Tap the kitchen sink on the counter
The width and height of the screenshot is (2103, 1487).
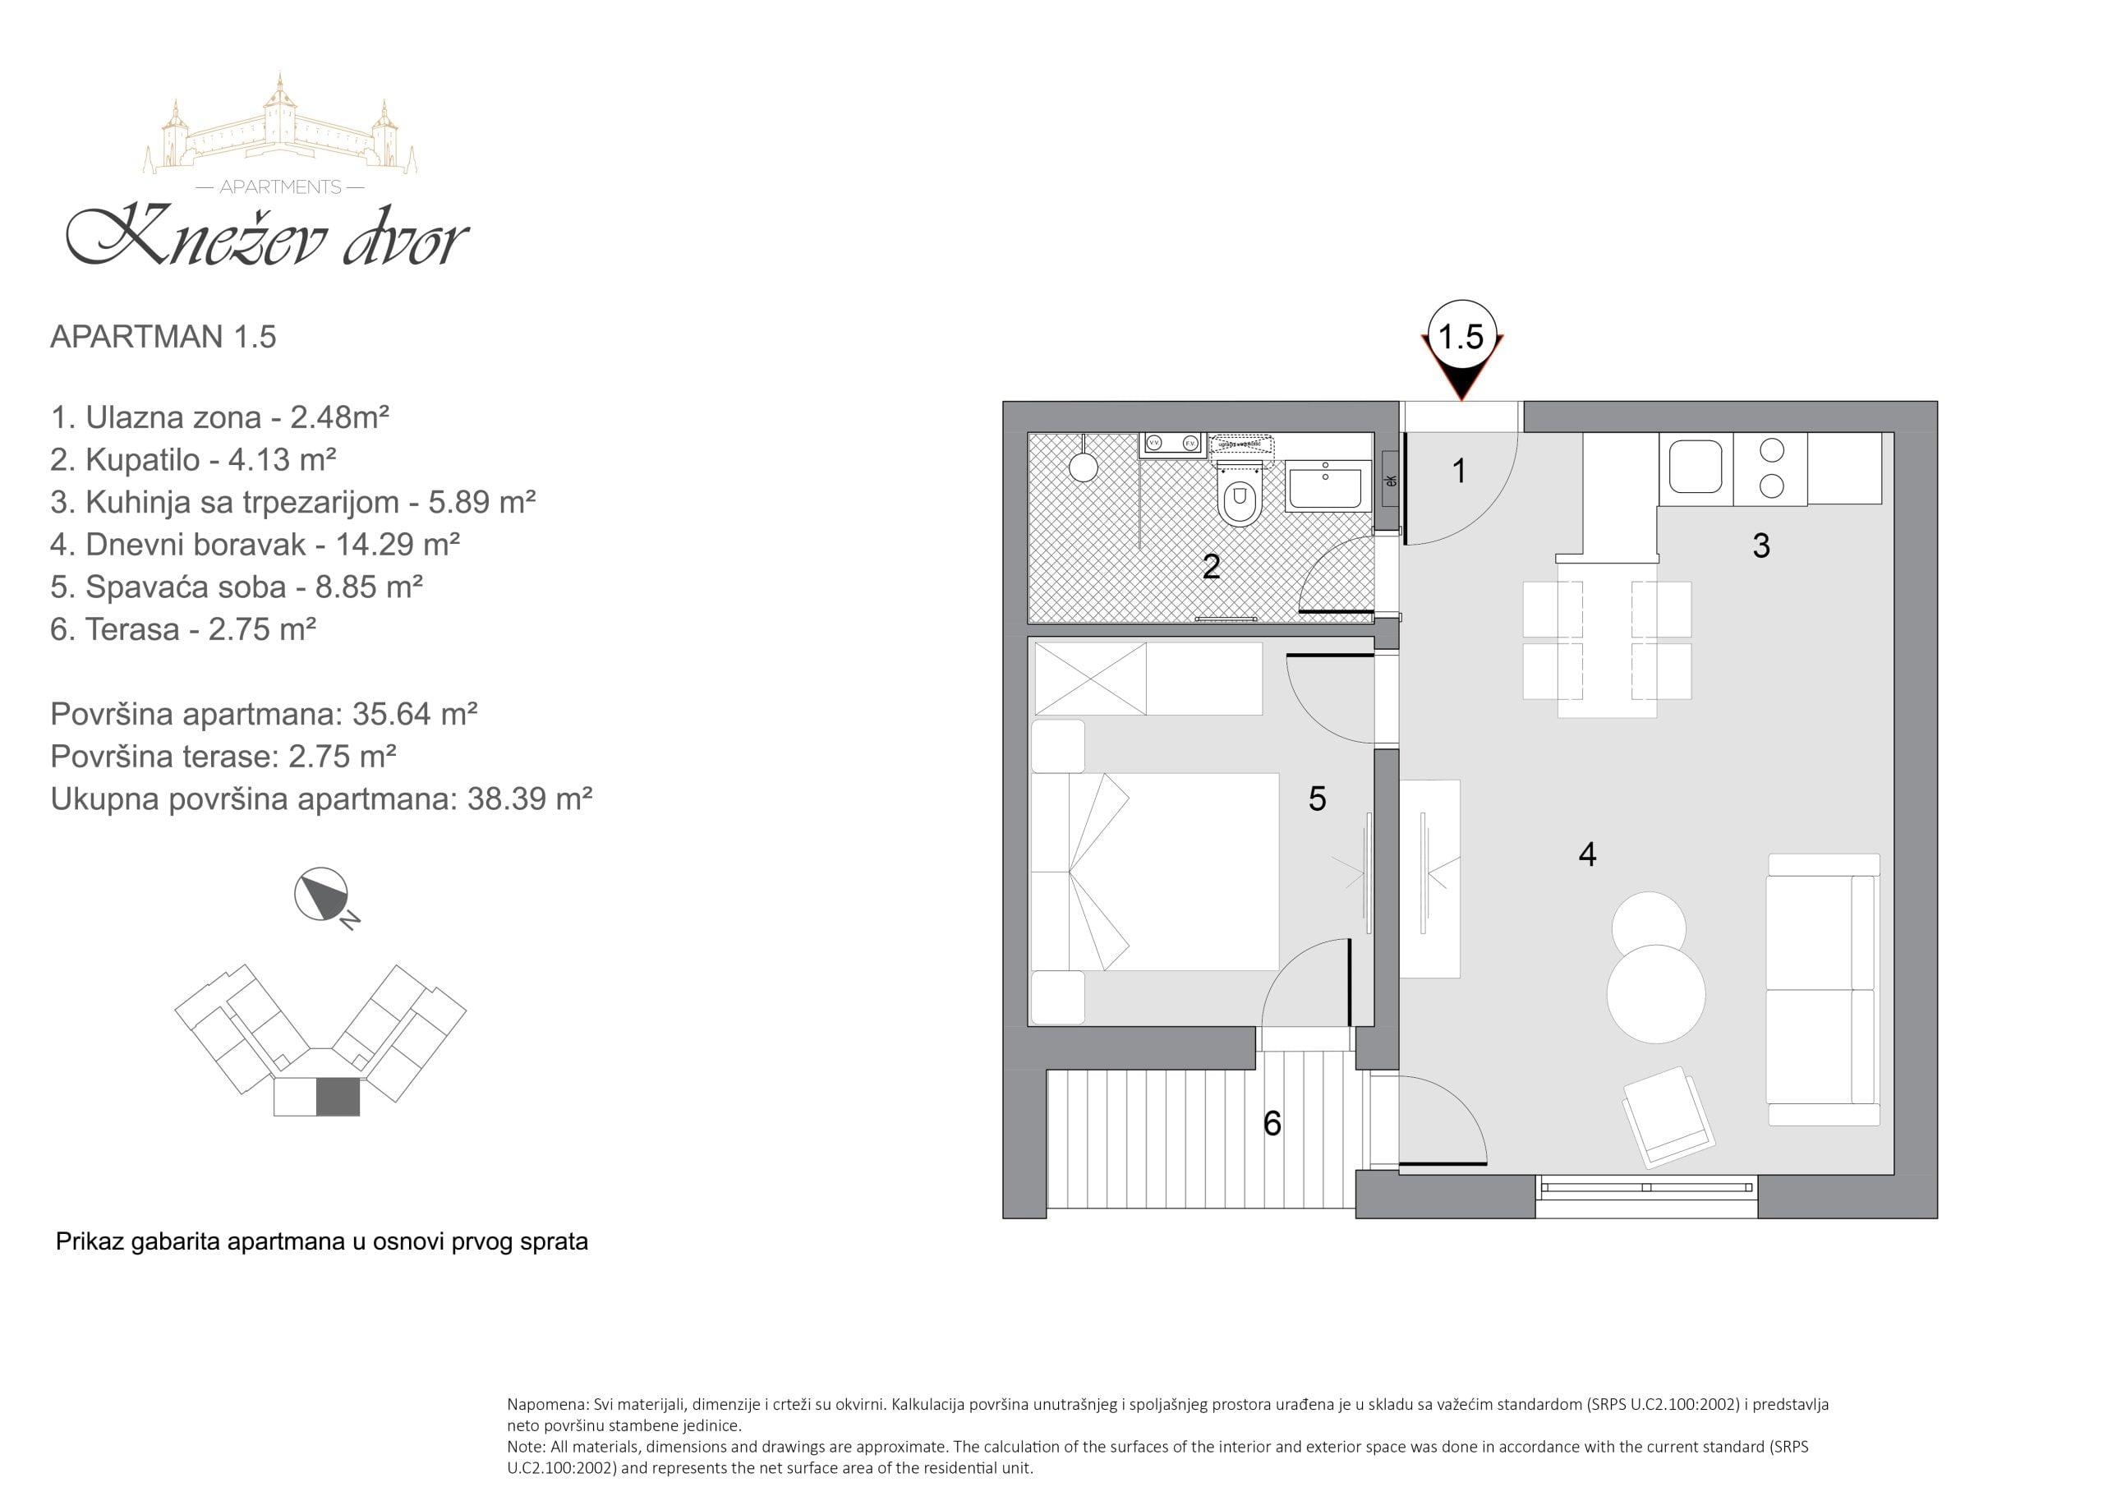click(x=1696, y=467)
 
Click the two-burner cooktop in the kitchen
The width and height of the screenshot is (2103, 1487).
click(x=1771, y=468)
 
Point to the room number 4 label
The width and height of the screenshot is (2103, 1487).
click(x=1587, y=854)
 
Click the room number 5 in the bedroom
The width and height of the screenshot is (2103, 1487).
click(x=1317, y=799)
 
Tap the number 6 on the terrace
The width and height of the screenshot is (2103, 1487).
click(x=1272, y=1123)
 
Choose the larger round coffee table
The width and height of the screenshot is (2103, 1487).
click(x=1656, y=994)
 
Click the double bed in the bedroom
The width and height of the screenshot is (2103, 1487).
click(x=1155, y=872)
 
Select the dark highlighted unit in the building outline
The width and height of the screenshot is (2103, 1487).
click(x=338, y=1098)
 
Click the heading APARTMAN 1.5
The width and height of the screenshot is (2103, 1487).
click(x=163, y=336)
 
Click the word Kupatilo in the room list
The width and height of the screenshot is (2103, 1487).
click(x=143, y=460)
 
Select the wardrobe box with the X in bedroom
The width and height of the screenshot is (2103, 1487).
click(x=1090, y=678)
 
